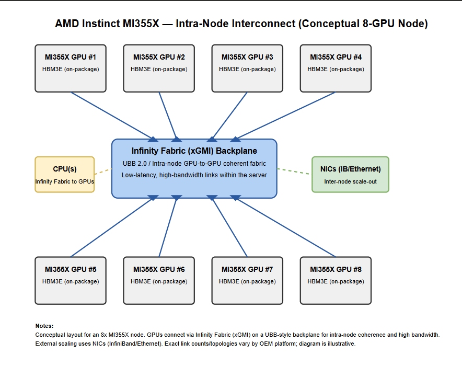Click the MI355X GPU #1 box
coord(71,68)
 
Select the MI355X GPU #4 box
coord(336,68)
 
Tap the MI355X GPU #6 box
coord(159,281)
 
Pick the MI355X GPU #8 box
coord(336,281)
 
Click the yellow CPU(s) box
coord(64,175)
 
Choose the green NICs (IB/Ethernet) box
coord(350,175)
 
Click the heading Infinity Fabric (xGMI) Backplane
coord(194,151)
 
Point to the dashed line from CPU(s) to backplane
coord(103,172)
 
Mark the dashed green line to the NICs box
coord(294,172)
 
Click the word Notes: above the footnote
coord(44,326)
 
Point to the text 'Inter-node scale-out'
coord(350,181)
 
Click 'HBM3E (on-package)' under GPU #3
coord(247,69)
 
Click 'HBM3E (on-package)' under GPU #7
coord(247,281)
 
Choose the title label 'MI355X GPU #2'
coord(159,57)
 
